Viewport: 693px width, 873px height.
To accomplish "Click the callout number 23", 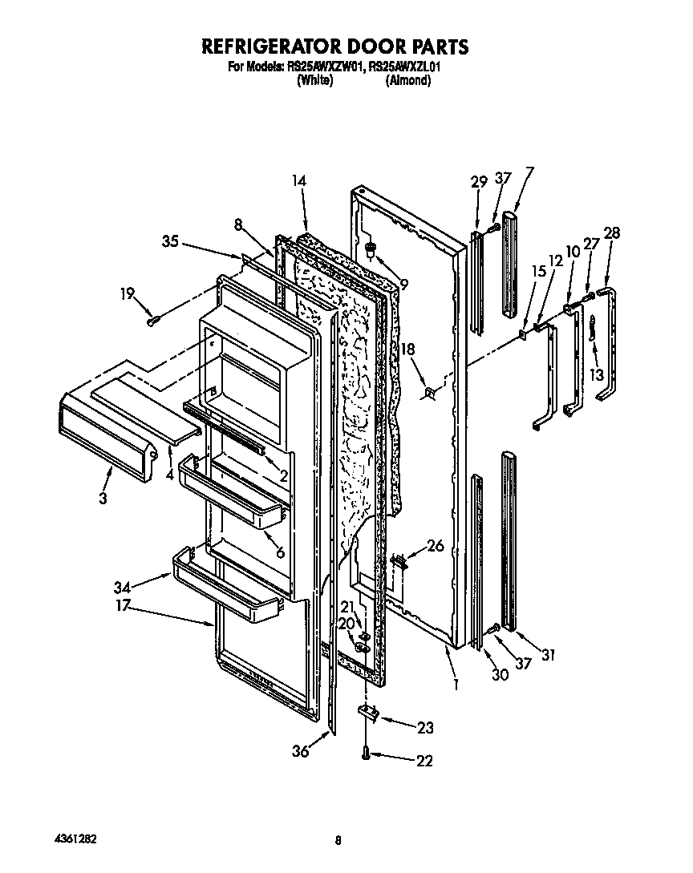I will (424, 727).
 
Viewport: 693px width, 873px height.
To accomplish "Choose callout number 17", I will (123, 606).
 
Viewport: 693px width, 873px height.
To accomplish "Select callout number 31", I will (548, 655).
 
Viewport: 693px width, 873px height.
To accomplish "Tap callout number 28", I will (612, 233).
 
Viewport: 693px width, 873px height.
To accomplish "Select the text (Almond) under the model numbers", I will (407, 80).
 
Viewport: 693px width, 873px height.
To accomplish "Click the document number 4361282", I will (76, 839).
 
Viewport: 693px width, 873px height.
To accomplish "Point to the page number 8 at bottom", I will (338, 840).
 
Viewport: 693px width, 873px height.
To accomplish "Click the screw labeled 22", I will (367, 754).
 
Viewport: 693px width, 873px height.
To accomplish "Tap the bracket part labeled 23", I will (369, 712).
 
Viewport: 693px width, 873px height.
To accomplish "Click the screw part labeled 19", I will (154, 321).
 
